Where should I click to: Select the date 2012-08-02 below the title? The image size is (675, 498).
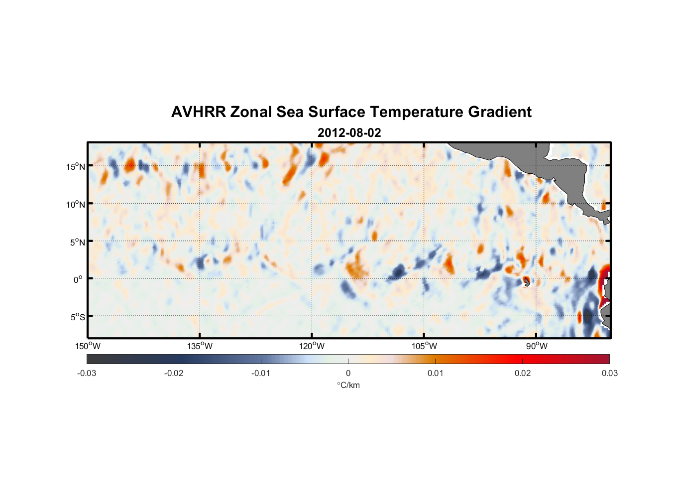(349, 133)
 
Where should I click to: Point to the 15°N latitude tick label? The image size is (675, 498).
(76, 166)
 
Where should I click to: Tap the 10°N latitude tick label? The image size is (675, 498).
(76, 204)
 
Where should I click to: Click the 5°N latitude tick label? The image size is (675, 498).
(77, 242)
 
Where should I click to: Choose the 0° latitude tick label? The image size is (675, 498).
(78, 279)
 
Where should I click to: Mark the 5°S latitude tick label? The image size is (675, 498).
(77, 317)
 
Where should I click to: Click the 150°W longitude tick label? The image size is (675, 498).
(88, 346)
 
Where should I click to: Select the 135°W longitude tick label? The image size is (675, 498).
(200, 346)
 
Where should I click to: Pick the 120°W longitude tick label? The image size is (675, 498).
(312, 346)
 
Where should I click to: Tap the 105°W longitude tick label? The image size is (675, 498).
(424, 346)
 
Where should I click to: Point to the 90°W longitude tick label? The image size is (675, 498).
(536, 346)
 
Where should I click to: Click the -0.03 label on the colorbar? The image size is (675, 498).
(87, 373)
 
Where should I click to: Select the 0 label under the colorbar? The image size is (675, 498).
(348, 373)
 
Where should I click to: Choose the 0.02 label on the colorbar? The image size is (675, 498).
(523, 373)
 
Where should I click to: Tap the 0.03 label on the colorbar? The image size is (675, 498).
(609, 373)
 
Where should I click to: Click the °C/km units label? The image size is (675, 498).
(348, 385)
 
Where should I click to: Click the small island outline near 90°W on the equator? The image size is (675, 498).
(526, 282)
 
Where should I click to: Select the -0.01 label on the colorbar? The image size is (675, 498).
(260, 373)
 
